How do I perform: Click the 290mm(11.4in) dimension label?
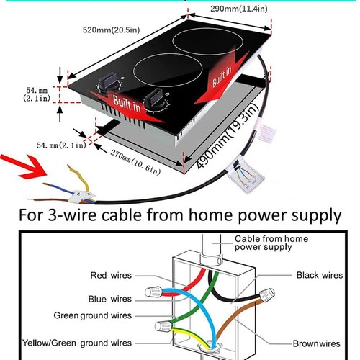239,9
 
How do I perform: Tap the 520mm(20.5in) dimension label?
111,30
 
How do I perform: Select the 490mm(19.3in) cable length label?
227,136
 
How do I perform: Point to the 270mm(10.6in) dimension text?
135,163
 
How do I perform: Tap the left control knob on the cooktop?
109,82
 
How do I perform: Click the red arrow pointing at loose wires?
24,166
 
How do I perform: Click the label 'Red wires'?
111,275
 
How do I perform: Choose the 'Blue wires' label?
110,299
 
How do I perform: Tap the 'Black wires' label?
320,275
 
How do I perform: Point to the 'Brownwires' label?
317,343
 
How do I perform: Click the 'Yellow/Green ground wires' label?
77,343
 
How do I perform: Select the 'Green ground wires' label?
93,315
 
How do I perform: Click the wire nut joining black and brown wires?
267,295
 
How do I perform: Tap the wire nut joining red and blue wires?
153,292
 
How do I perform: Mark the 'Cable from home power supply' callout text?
271,243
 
